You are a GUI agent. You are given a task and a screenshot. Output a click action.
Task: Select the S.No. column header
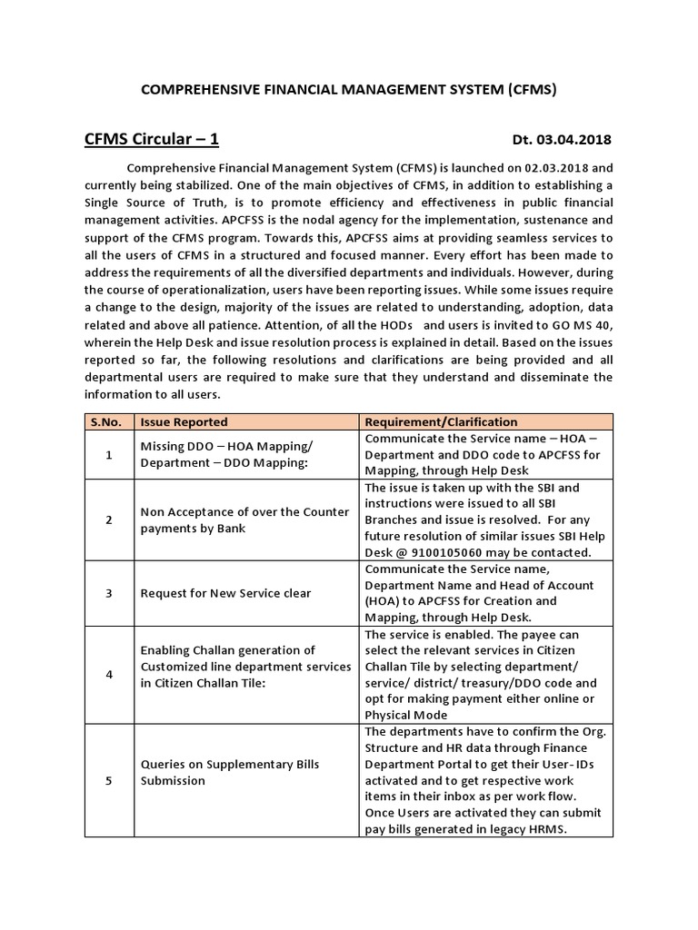click(109, 421)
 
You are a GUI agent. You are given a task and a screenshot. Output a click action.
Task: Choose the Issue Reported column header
click(184, 421)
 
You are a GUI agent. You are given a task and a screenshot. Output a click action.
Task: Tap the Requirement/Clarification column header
click(441, 421)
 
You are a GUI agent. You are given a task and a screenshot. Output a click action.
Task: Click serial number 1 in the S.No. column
click(109, 454)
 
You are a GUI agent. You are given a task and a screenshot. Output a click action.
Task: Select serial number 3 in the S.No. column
click(109, 593)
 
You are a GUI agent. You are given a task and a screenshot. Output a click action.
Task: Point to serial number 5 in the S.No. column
click(109, 780)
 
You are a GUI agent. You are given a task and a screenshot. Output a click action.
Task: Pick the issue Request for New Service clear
click(225, 593)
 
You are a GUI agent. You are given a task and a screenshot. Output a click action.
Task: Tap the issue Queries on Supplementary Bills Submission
click(224, 772)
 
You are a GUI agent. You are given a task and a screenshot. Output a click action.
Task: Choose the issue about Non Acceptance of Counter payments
click(244, 519)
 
